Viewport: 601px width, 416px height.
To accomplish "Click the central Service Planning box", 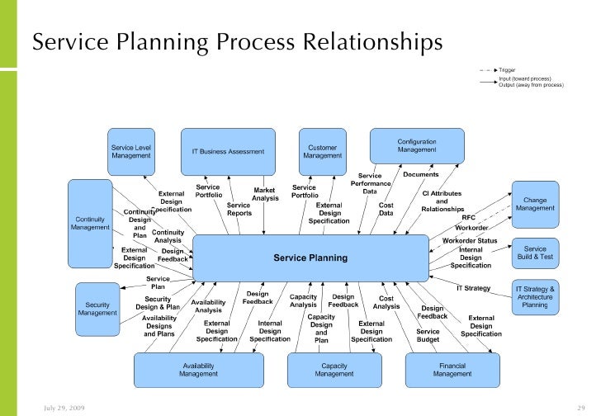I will click(x=310, y=258).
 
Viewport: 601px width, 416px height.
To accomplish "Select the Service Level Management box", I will click(x=131, y=152).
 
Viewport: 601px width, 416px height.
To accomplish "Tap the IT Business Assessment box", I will click(x=228, y=152).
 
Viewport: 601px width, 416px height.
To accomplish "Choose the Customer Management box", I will click(x=322, y=152).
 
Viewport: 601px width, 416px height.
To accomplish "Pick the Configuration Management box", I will click(x=416, y=145).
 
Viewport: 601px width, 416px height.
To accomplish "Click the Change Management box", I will click(x=535, y=204).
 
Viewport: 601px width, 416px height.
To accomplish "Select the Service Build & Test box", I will click(x=535, y=253).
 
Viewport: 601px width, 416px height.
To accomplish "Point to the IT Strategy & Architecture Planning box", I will click(x=535, y=297).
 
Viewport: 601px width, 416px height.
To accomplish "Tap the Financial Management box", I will click(x=452, y=370).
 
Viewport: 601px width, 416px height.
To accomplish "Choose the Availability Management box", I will click(x=198, y=370).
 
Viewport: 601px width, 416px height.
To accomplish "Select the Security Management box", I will click(x=97, y=309).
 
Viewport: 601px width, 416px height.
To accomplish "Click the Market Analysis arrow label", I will click(x=265, y=194).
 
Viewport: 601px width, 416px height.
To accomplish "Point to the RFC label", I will click(x=469, y=217).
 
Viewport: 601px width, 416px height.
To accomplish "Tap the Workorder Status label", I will click(x=470, y=240).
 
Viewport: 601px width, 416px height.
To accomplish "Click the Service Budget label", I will click(x=428, y=335).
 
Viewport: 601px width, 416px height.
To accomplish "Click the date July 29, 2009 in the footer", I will click(x=64, y=408).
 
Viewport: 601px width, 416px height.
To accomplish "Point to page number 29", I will click(x=580, y=408).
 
